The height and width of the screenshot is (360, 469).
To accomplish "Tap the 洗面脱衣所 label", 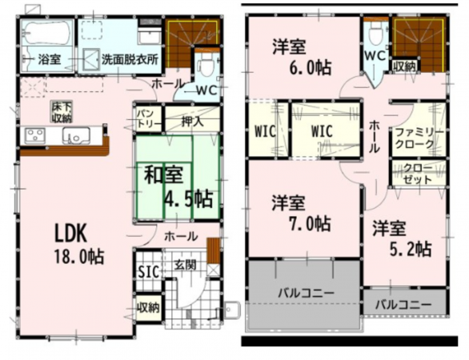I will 129,59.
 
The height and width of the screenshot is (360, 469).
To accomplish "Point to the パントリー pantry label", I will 146,120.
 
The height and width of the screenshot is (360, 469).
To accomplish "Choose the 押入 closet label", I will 190,122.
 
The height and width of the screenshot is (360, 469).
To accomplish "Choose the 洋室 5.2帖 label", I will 402,238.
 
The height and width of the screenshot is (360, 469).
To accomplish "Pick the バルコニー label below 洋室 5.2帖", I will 404,305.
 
